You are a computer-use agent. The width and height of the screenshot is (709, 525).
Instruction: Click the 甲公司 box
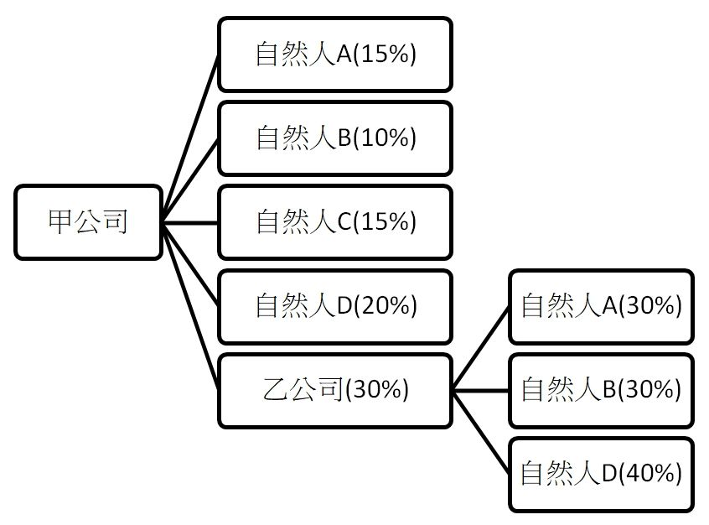[88, 222]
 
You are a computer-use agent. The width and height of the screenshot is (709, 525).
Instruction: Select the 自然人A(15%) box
[335, 55]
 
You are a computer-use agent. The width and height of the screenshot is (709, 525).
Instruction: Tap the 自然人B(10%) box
[335, 138]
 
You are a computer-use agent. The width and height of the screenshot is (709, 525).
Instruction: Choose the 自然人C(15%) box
[335, 222]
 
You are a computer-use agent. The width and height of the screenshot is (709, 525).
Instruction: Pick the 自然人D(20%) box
[335, 306]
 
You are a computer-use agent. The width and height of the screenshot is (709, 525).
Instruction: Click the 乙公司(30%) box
[335, 390]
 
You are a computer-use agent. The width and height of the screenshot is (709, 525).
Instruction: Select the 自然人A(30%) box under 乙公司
[601, 306]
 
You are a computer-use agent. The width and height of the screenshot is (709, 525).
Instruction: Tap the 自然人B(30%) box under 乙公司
[601, 390]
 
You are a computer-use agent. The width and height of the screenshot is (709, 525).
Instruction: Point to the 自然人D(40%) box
[601, 474]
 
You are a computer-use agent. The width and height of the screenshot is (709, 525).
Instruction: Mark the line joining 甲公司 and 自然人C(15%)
[190, 222]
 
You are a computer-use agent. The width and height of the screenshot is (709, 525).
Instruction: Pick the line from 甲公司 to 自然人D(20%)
[190, 264]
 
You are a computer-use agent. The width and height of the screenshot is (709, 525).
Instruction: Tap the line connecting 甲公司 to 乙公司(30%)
[190, 306]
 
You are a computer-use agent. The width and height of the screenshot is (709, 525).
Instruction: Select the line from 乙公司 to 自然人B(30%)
[481, 390]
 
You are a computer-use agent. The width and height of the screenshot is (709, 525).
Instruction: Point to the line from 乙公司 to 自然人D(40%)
[481, 432]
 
